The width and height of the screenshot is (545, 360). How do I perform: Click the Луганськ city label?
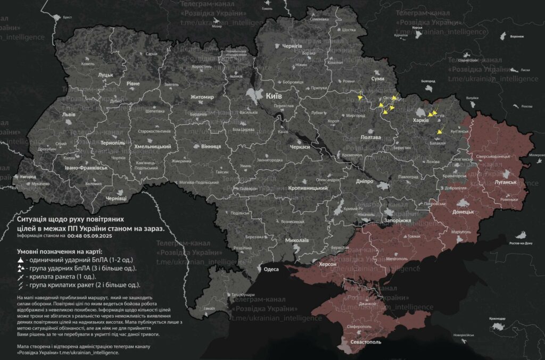[x=506, y=182]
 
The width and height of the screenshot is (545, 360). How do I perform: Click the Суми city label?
[x=377, y=78]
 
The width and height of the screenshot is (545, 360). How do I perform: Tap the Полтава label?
[x=371, y=137]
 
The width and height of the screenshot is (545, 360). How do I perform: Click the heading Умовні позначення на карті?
[x=59, y=250]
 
